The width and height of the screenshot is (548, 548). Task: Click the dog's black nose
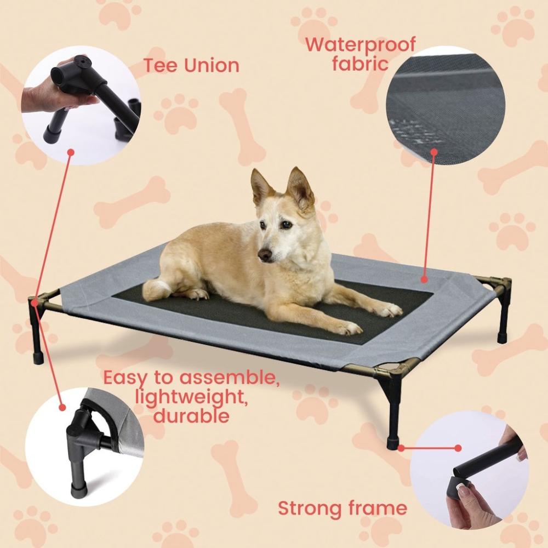(265, 255)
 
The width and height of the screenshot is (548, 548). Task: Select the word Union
(212, 66)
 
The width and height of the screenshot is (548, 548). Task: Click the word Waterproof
(360, 44)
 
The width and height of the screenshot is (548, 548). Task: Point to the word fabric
(360, 63)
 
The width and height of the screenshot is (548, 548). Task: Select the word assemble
(230, 378)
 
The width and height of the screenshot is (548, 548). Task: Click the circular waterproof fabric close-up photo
(445, 104)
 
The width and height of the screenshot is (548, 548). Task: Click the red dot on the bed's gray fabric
(424, 280)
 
